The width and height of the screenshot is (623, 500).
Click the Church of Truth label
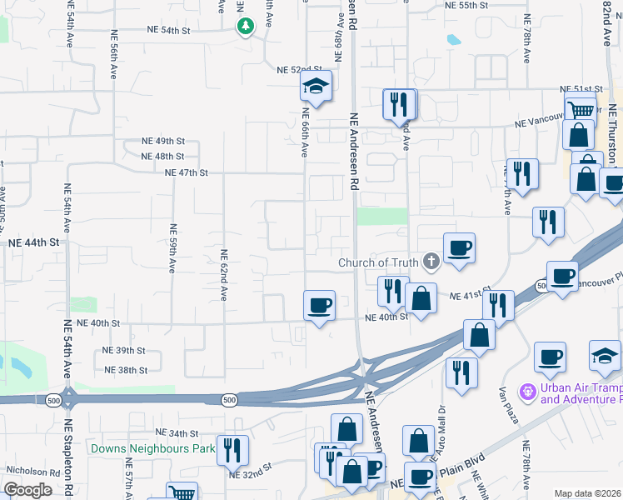click(378, 263)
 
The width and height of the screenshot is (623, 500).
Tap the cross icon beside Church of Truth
click(431, 262)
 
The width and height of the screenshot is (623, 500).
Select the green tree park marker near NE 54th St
click(245, 27)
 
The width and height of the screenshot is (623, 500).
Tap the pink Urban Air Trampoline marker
click(527, 391)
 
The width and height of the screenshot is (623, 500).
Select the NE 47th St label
click(186, 172)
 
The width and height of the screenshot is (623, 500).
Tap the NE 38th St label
click(126, 370)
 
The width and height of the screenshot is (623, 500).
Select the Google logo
click(27, 490)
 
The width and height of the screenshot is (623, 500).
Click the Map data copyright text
click(588, 493)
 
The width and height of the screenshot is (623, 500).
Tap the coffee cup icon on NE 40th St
click(318, 305)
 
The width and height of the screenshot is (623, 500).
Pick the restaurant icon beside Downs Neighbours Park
click(232, 450)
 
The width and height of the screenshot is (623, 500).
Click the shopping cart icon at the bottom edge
click(182, 493)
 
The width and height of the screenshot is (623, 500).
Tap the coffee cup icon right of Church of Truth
click(459, 247)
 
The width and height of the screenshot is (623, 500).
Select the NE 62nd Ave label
click(223, 275)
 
